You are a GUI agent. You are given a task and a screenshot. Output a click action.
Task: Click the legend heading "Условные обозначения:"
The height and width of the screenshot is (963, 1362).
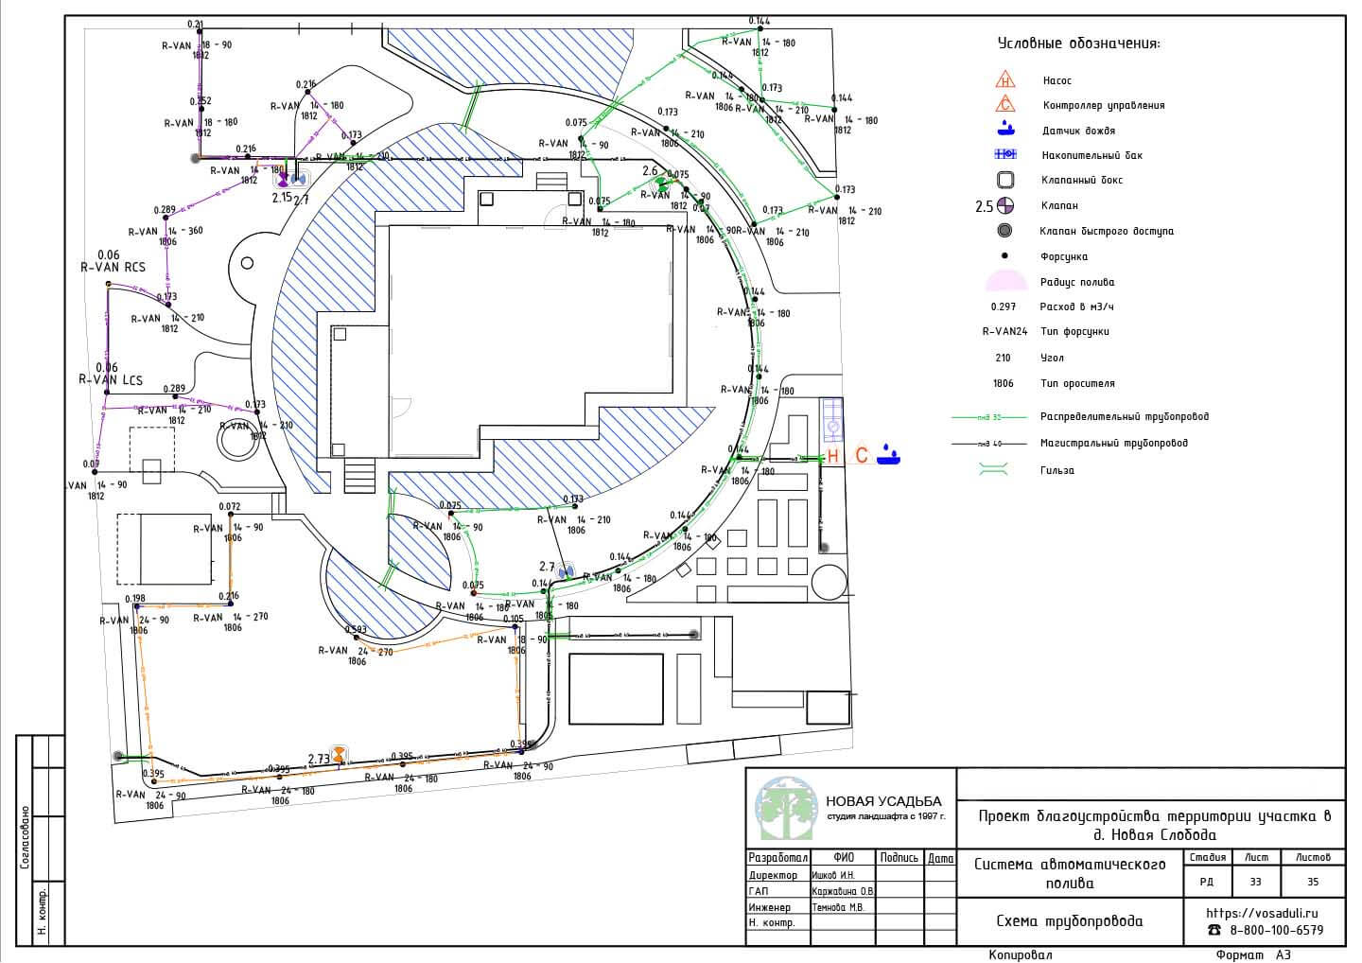(1078, 44)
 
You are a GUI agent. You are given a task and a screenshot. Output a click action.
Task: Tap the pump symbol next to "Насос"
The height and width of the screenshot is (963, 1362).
(1005, 81)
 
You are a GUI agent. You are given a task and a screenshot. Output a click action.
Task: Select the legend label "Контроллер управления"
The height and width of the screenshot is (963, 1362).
(1103, 106)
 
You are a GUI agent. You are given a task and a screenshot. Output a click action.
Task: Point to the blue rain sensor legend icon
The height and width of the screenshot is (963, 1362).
(1005, 130)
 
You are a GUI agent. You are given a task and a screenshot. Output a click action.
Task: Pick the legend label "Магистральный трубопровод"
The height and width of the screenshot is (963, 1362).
(1113, 443)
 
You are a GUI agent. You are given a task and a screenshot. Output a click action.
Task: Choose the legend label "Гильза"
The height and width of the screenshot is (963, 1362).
(1056, 470)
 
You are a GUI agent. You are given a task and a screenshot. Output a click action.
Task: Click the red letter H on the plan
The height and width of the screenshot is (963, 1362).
(833, 456)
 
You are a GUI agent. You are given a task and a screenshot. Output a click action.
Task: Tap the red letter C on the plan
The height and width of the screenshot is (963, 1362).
(861, 456)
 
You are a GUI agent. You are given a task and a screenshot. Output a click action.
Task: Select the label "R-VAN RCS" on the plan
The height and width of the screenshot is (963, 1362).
(113, 268)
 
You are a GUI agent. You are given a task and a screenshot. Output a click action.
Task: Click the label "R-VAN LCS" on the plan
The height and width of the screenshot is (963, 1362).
(111, 380)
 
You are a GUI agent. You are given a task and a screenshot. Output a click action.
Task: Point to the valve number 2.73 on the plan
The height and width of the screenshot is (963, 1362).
(319, 759)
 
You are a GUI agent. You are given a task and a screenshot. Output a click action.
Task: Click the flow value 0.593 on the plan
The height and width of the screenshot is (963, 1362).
(357, 629)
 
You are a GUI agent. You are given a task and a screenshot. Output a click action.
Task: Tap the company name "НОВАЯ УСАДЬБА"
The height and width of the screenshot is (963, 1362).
(883, 801)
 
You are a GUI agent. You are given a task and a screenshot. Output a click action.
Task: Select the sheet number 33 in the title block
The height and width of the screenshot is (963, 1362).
(1255, 882)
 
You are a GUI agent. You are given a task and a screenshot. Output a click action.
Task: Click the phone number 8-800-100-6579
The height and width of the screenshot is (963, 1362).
(1276, 931)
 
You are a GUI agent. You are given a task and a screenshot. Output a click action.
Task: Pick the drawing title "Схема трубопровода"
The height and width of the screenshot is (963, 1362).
(1069, 921)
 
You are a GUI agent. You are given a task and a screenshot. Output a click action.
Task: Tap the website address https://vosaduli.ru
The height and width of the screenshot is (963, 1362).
(1262, 913)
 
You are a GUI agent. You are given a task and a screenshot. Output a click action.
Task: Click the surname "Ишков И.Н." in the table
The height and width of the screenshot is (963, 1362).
(832, 875)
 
